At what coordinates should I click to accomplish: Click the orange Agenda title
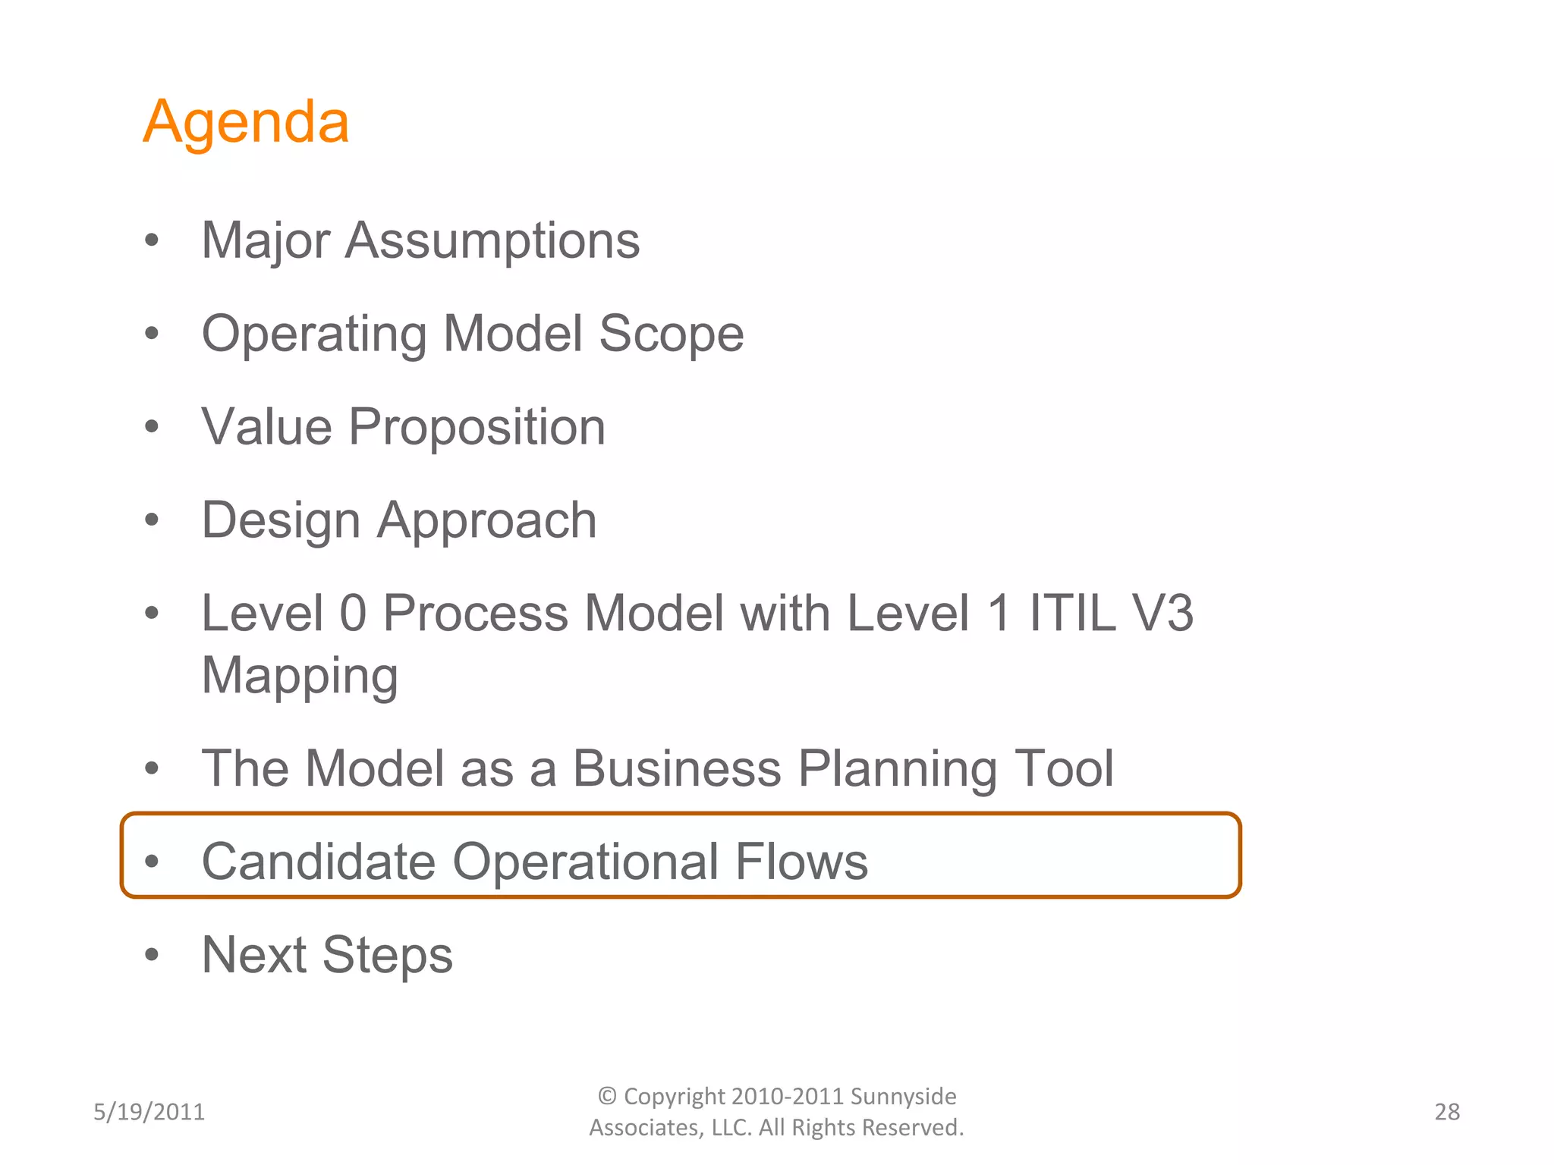[246, 123]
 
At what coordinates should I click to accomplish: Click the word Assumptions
[492, 241]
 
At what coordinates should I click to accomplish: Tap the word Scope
[671, 334]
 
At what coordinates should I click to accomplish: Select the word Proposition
[477, 428]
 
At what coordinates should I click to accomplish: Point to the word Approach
[487, 521]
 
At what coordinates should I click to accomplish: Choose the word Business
[676, 769]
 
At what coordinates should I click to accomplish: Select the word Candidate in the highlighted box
[319, 862]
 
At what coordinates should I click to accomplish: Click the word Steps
[387, 956]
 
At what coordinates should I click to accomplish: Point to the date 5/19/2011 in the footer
[149, 1112]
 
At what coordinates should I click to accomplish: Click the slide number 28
[1447, 1112]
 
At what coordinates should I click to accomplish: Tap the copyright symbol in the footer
[607, 1096]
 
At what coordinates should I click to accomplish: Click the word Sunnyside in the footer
[903, 1097]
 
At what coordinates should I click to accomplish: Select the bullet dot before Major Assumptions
[152, 240]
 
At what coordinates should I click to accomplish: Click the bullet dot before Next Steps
[152, 955]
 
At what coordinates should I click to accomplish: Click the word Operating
[314, 334]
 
